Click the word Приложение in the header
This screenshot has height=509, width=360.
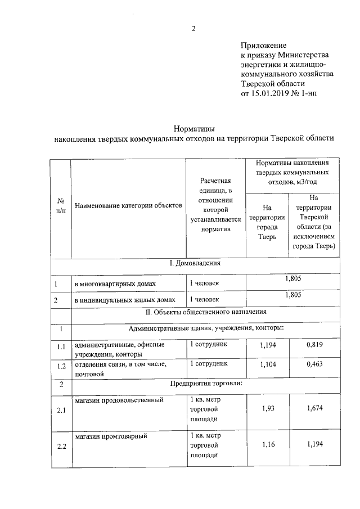pos(264,45)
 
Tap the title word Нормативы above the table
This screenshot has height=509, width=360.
pos(193,129)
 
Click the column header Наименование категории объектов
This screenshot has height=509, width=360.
pos(128,206)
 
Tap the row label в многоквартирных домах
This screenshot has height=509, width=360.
pos(115,283)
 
